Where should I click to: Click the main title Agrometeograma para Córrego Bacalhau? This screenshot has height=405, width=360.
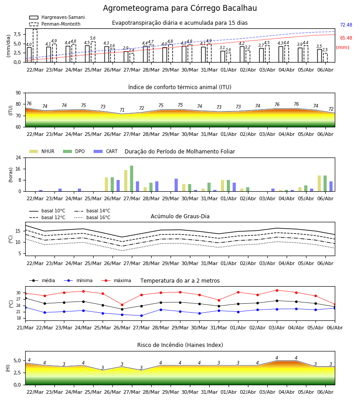[180, 8]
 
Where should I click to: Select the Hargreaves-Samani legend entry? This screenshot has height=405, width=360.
[57, 17]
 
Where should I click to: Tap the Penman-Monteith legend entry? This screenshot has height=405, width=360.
[55, 24]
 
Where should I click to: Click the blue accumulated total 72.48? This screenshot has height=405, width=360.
[346, 25]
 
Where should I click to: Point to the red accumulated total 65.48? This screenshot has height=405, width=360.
[346, 38]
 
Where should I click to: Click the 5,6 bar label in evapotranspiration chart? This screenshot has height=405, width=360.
[93, 38]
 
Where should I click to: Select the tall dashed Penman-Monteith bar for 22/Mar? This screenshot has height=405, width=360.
[35, 46]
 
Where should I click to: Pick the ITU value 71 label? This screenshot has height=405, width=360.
[122, 110]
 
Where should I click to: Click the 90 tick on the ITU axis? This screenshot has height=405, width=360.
[18, 93]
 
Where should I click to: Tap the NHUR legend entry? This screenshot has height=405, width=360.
[42, 151]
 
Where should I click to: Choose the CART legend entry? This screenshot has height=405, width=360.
[106, 151]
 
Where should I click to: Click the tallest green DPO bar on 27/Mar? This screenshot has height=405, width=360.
[132, 179]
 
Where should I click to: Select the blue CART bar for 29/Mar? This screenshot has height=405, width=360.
[176, 185]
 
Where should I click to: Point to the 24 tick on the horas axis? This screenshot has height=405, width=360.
[18, 157]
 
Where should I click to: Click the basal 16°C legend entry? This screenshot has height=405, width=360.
[92, 217]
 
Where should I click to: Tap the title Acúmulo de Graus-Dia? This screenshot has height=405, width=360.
[180, 216]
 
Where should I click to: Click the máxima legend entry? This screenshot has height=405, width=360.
[116, 280]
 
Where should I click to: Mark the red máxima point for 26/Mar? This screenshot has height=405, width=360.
[122, 305]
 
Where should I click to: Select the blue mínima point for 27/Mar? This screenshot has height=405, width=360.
[141, 315]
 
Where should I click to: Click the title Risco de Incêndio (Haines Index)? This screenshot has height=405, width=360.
[180, 345]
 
